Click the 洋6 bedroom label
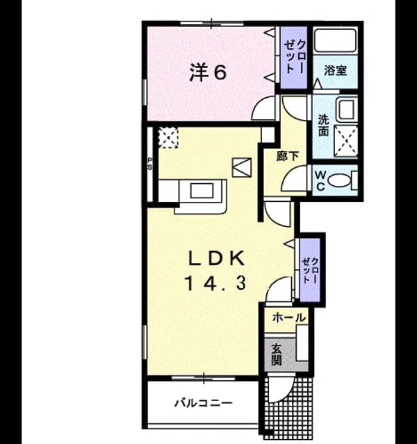click(208, 72)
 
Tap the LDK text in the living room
click(217, 259)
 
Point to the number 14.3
click(215, 284)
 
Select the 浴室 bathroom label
click(335, 70)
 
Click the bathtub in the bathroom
click(335, 40)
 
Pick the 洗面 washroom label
click(323, 125)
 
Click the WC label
click(320, 180)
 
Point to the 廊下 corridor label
click(288, 156)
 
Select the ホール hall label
click(289, 318)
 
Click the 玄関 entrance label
click(276, 354)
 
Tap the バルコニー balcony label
click(204, 402)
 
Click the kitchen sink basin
click(202, 191)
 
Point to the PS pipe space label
click(149, 164)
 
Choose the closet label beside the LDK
click(311, 271)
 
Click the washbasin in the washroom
click(347, 109)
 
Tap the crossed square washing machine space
click(345, 141)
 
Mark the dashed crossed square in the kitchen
click(168, 137)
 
